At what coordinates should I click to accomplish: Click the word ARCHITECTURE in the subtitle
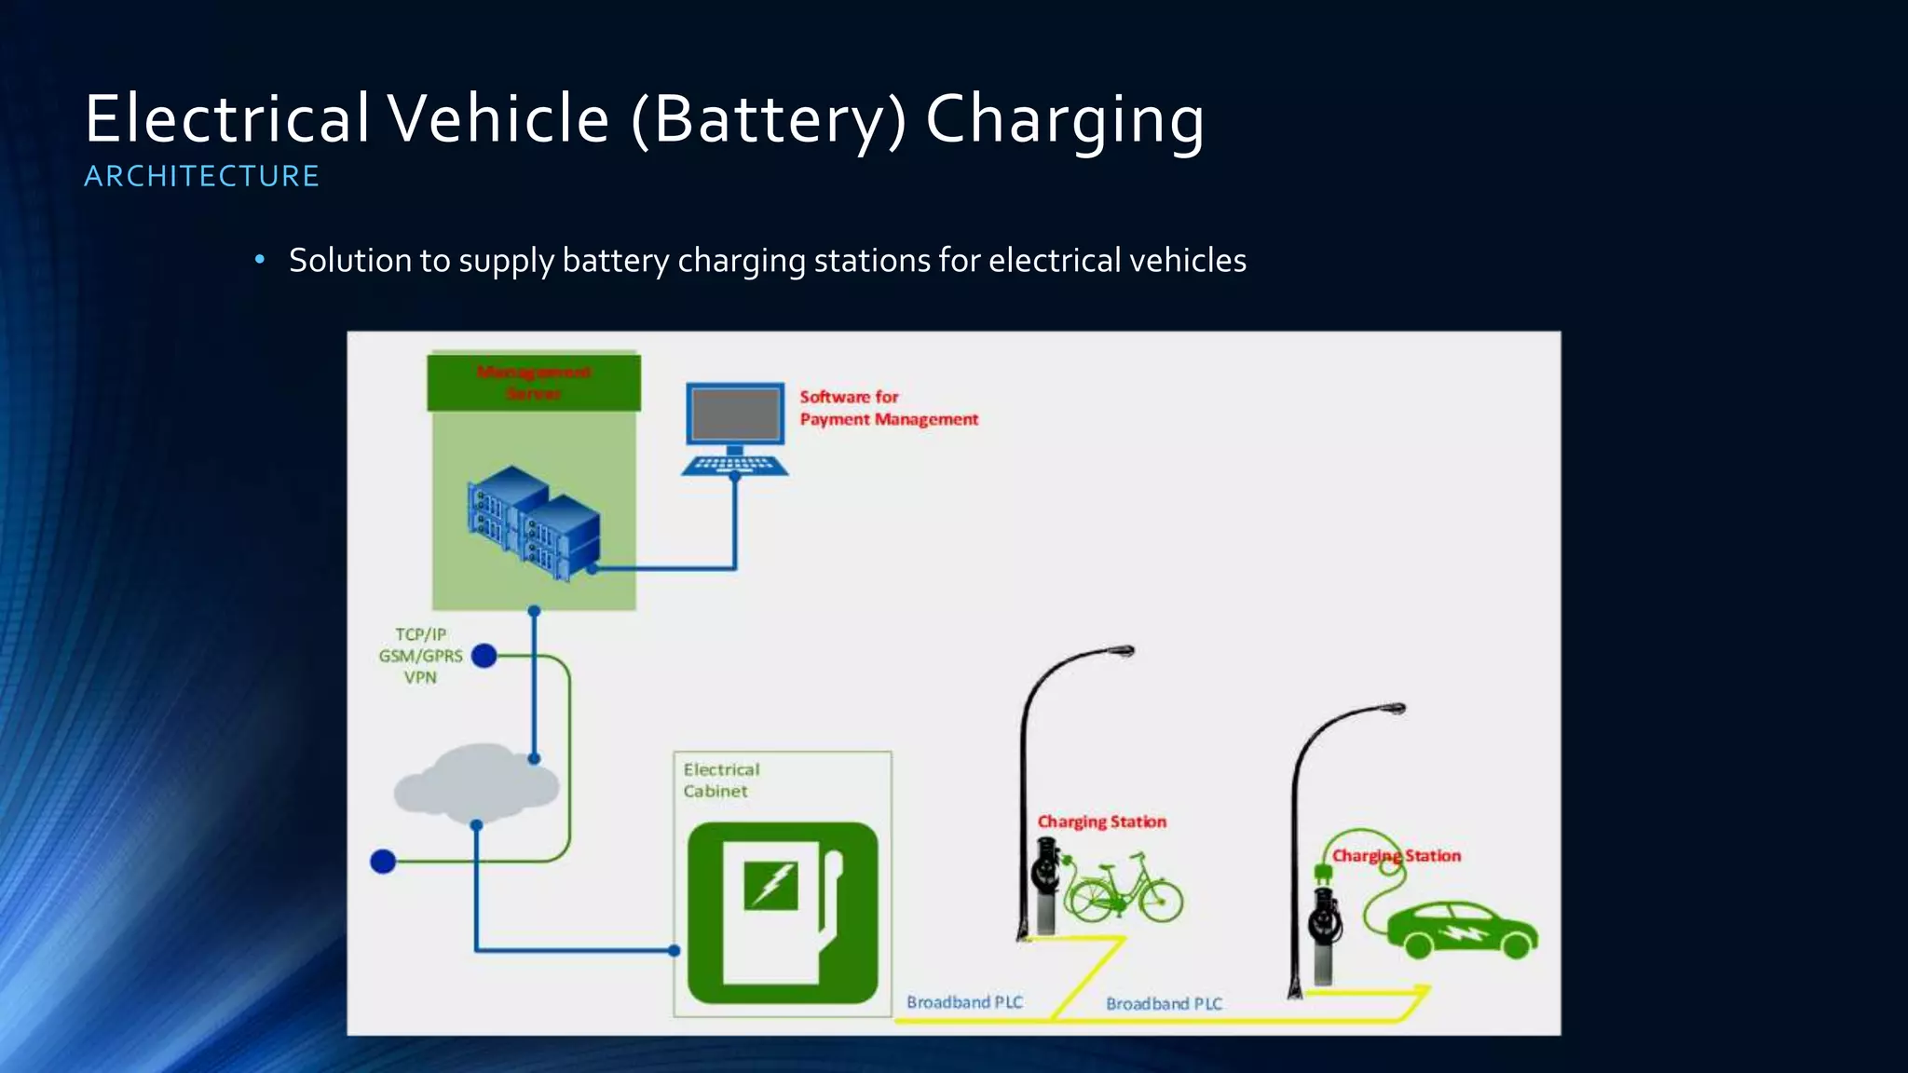pyautogui.click(x=201, y=176)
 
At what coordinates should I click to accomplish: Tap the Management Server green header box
pyautogui.click(x=534, y=382)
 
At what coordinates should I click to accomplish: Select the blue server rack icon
pyautogui.click(x=533, y=523)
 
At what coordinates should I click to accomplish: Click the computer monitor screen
pyautogui.click(x=735, y=414)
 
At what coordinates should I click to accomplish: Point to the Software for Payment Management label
pyautogui.click(x=888, y=408)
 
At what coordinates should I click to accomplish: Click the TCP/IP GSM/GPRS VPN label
pyautogui.click(x=420, y=656)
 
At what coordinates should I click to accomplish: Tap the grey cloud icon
pyautogui.click(x=476, y=784)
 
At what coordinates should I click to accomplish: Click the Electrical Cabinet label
pyautogui.click(x=720, y=781)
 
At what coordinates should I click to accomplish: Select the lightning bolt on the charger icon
pyautogui.click(x=771, y=884)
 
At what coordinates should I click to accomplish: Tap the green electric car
pyautogui.click(x=1461, y=929)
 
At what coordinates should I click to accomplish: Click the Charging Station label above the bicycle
pyautogui.click(x=1101, y=822)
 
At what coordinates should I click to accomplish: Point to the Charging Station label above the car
pyautogui.click(x=1396, y=855)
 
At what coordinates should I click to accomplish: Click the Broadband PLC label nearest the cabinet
pyautogui.click(x=964, y=1002)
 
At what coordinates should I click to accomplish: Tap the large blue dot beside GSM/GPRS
pyautogui.click(x=484, y=656)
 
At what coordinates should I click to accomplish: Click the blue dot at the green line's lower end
pyautogui.click(x=383, y=862)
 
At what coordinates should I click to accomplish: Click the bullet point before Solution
pyautogui.click(x=260, y=260)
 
